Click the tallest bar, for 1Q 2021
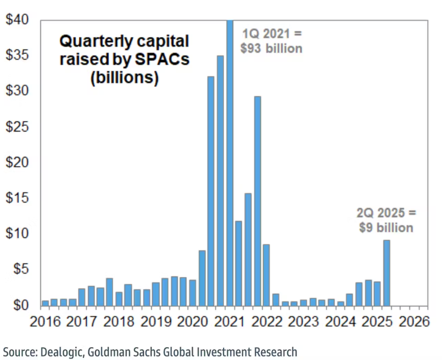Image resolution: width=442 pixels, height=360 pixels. pos(230,163)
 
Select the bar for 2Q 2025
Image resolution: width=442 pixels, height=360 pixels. pos(387,272)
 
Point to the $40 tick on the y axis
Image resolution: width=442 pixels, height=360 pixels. pos(18,20)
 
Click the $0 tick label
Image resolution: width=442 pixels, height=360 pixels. pos(21,305)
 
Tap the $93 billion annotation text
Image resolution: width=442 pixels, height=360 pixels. pos(271,48)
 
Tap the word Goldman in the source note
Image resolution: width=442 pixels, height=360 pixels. pos(110,351)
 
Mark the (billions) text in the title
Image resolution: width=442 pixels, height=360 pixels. pos(124,78)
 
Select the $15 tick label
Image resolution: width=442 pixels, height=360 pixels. pos(18,198)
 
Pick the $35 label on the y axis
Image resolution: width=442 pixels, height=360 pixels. pos(18,56)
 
